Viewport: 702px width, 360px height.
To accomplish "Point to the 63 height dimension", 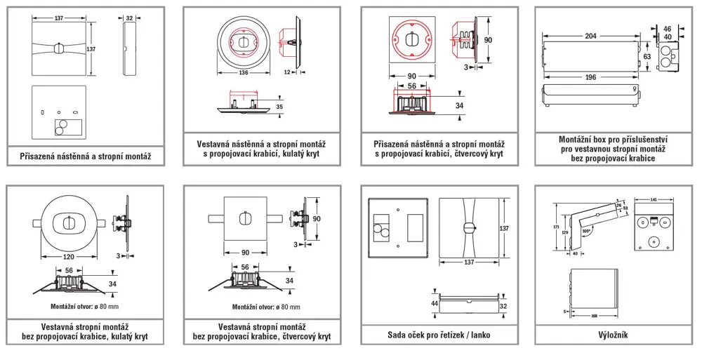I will pyautogui.click(x=646, y=56).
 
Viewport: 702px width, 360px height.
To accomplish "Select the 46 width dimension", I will pyautogui.click(x=667, y=29).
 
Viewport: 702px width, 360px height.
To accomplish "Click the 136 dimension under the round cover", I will pyautogui.click(x=243, y=72).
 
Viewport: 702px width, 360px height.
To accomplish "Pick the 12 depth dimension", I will pyautogui.click(x=288, y=72).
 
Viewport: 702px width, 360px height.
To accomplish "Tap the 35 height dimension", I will pyautogui.click(x=279, y=107).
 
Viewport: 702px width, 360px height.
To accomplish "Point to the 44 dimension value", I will pyautogui.click(x=435, y=303).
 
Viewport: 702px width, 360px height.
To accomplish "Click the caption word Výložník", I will pyautogui.click(x=614, y=335).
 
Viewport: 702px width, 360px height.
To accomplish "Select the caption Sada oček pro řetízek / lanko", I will pyautogui.click(x=439, y=335).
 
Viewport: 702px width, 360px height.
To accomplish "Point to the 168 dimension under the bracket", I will pyautogui.click(x=594, y=316).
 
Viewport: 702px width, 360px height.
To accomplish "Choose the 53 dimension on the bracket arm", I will pyautogui.click(x=624, y=208).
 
